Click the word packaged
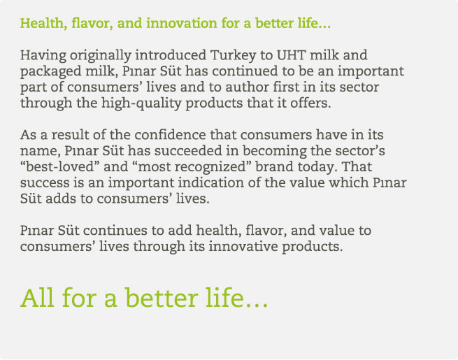50,71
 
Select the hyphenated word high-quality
141,103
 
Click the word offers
310,103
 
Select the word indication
211,182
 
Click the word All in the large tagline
37,298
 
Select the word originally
101,55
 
